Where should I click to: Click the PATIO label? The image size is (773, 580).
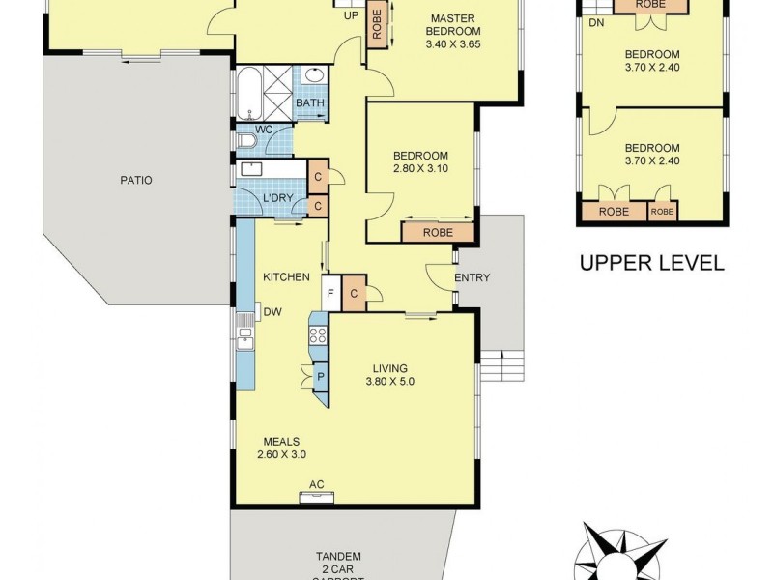click(x=136, y=180)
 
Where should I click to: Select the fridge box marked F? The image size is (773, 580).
click(x=330, y=294)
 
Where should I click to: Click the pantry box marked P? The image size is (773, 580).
click(x=319, y=378)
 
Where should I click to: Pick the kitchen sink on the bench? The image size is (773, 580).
click(x=245, y=337)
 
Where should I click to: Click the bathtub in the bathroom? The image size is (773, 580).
click(x=246, y=93)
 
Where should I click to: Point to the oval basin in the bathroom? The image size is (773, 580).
click(x=315, y=75)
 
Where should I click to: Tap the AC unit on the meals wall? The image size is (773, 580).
click(x=316, y=498)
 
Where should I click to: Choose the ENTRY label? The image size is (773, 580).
click(x=472, y=278)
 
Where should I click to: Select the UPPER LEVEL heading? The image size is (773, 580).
click(x=650, y=263)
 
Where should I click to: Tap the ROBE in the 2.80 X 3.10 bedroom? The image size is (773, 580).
click(x=437, y=232)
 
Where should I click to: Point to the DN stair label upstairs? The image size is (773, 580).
click(x=595, y=23)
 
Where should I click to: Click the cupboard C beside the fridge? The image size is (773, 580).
click(x=354, y=294)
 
